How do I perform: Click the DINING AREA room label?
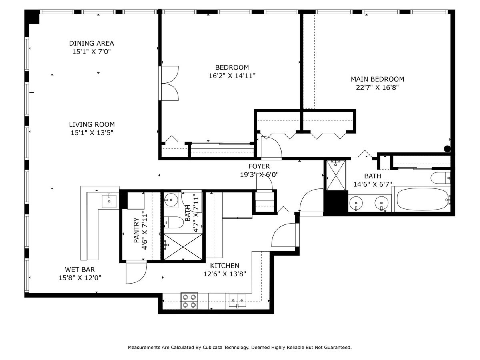92,43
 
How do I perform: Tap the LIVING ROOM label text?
92,124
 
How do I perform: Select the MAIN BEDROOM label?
378,79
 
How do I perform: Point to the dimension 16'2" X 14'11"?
232,76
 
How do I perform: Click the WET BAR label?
80,270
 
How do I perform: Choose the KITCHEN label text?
224,266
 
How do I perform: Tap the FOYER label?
259,166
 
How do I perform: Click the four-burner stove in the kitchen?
189,301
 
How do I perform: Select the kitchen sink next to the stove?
237,300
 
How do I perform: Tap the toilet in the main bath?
440,178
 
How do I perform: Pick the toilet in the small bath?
174,222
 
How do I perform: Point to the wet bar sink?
109,201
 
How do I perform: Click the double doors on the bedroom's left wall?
169,83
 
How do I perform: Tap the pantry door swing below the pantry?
136,272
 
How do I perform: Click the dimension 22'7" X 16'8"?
377,88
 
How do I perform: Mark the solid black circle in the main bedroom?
447,149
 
